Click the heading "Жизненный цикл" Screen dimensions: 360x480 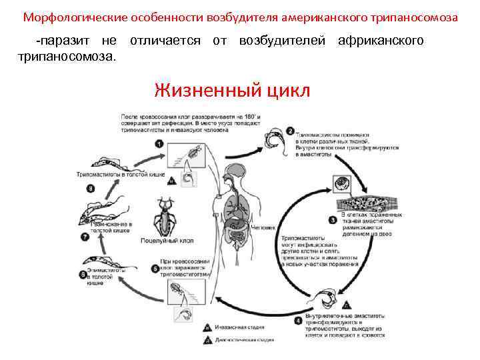232,89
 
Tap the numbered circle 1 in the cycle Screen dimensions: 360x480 158,143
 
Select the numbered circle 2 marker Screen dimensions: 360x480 290,131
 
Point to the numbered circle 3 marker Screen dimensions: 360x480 333,219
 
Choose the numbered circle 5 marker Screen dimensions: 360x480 155,269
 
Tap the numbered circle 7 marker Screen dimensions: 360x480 85,237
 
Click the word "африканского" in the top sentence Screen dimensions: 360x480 381,41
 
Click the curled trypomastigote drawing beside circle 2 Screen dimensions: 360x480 272,139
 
